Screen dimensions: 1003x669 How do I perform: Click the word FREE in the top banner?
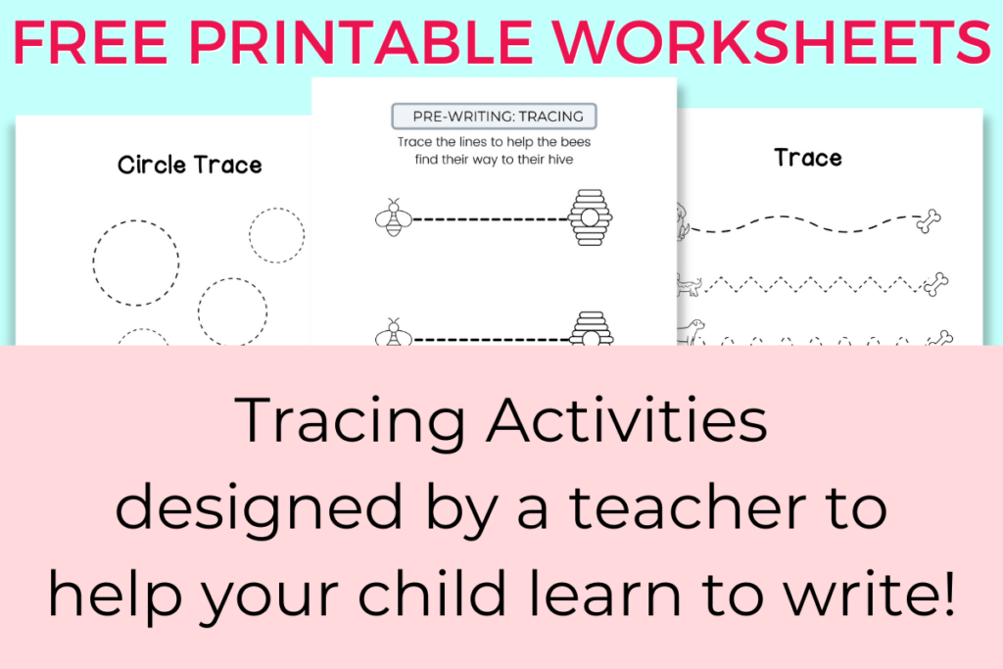click(x=89, y=43)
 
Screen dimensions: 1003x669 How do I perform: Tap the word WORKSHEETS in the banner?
click(x=772, y=43)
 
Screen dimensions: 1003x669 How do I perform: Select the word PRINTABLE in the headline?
click(x=360, y=43)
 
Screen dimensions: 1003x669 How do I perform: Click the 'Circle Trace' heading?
click(x=190, y=165)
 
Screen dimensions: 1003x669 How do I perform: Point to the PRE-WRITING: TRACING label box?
click(x=495, y=117)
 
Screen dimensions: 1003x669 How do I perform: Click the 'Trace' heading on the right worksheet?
click(x=808, y=158)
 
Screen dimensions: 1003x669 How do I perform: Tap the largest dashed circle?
click(x=93, y=263)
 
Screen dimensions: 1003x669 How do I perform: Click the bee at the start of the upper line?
click(x=394, y=217)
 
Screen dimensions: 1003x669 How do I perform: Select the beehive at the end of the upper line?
click(x=590, y=217)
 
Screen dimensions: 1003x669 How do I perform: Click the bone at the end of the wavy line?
click(x=929, y=221)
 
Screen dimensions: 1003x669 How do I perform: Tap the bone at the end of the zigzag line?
click(x=935, y=284)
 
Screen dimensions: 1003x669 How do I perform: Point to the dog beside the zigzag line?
click(x=689, y=285)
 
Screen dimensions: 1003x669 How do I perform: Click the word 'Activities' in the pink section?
click(x=627, y=419)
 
